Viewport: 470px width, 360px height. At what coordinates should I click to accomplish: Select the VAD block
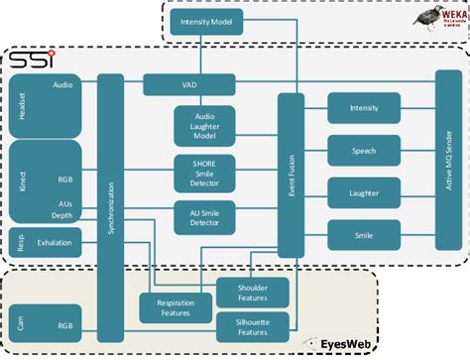[188, 85]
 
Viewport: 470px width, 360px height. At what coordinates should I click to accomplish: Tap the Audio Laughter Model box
[205, 126]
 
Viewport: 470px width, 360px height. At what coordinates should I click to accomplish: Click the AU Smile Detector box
[205, 217]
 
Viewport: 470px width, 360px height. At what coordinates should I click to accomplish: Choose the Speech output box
[363, 151]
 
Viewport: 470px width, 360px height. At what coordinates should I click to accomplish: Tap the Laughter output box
[363, 193]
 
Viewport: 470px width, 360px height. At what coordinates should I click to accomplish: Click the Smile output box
[363, 236]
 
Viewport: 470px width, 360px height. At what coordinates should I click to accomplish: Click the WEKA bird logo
[436, 19]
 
